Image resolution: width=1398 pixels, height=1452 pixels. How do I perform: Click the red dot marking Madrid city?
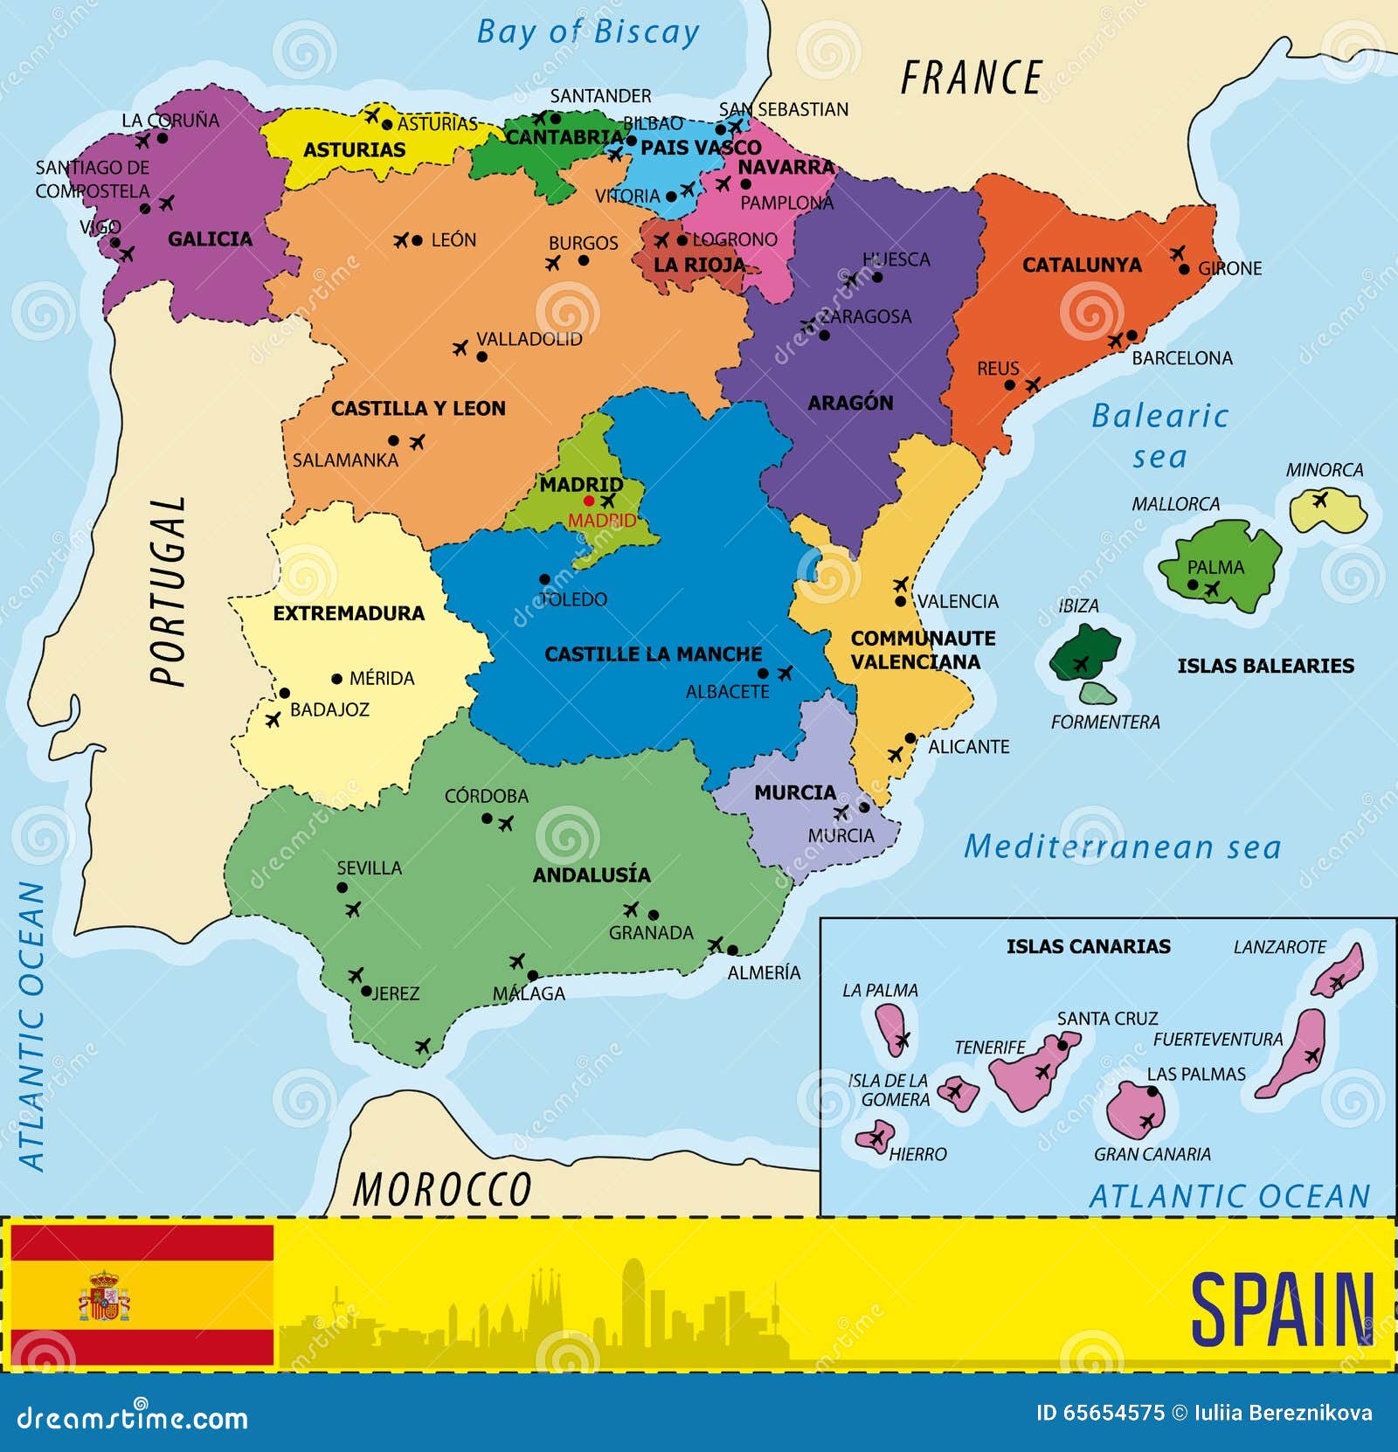pos(589,501)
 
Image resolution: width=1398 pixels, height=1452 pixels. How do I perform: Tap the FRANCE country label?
pos(971,78)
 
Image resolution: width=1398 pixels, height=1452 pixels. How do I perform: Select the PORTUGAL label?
pos(168,591)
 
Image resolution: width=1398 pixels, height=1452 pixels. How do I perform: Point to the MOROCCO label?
pos(441,1189)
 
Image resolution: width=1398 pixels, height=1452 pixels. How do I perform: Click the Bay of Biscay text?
pos(587,32)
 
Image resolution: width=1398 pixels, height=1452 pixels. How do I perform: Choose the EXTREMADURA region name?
pos(349,613)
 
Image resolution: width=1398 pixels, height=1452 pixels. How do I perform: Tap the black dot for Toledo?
pos(544,579)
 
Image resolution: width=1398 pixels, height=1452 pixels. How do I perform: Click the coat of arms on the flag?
pos(104,1296)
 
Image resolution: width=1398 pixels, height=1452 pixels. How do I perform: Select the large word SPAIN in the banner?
pos(1282,1310)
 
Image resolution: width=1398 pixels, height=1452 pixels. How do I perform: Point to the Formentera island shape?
pos(1097,694)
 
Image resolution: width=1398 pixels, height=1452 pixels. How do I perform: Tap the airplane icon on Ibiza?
pos(1081,664)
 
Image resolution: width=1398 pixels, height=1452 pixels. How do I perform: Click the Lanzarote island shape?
pos(1338,971)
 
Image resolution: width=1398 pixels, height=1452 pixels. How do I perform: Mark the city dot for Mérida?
pos(337,679)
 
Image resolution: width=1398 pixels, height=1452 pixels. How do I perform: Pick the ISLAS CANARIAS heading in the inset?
pos(1088,946)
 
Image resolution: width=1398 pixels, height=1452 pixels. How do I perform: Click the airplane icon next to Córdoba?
pos(506,823)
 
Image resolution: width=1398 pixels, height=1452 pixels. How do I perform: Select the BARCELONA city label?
pos(1181,358)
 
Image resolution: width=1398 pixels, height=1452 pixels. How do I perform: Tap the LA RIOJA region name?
pos(699,265)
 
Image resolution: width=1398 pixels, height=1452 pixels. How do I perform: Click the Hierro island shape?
pos(873,1138)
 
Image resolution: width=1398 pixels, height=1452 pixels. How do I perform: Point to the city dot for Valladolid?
pos(481,356)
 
